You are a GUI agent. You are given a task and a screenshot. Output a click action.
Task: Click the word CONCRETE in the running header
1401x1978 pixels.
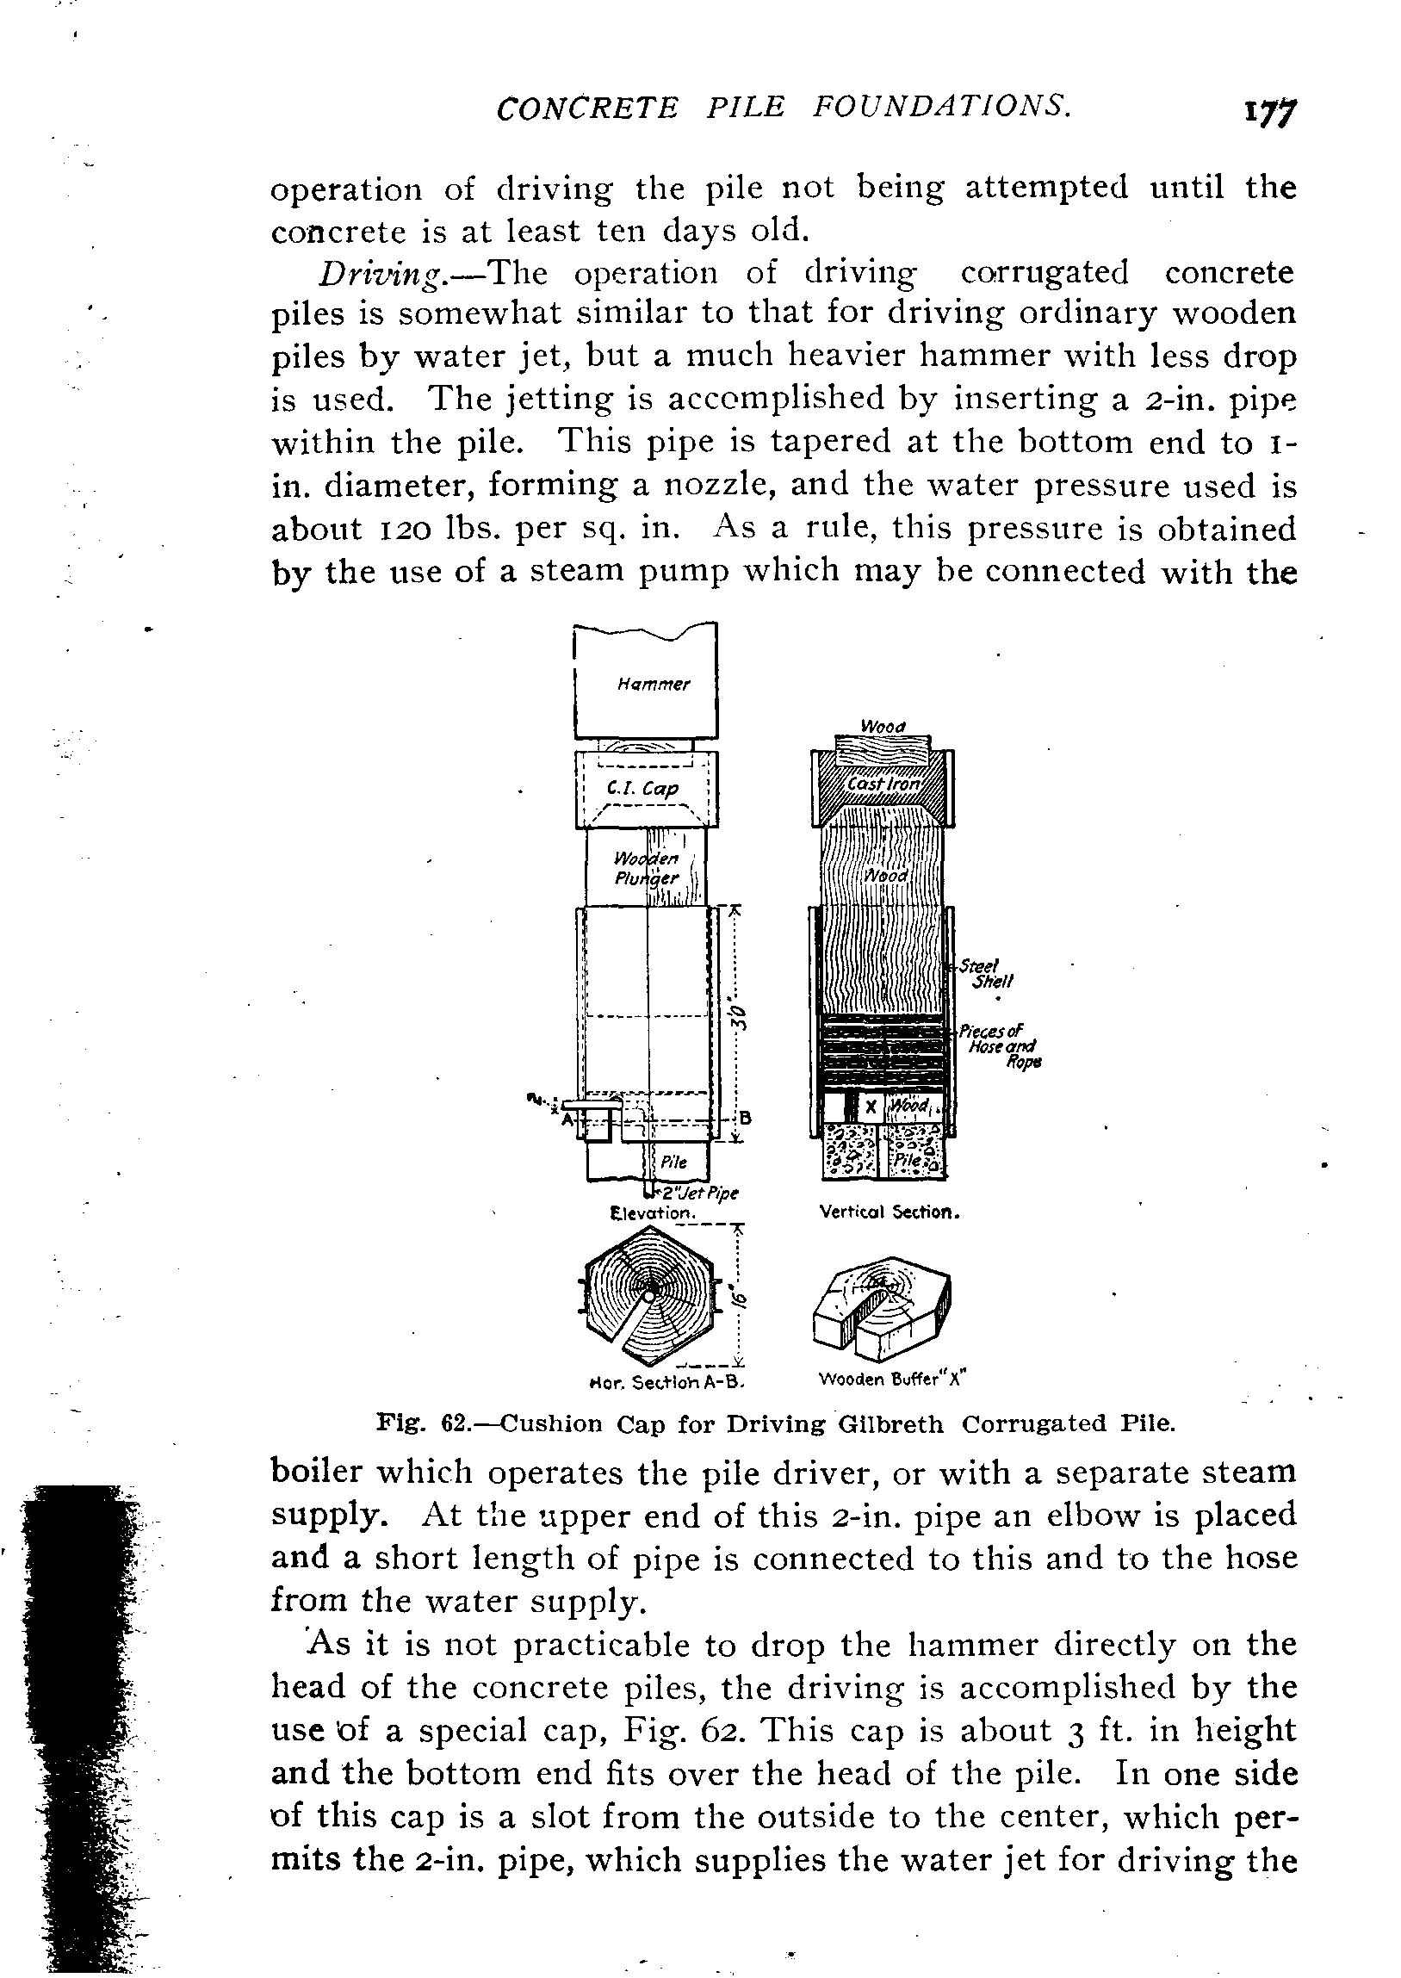click(587, 108)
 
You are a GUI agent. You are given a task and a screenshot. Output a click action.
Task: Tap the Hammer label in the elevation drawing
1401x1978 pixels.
click(653, 685)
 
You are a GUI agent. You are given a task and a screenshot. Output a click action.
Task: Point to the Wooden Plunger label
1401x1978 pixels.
click(647, 868)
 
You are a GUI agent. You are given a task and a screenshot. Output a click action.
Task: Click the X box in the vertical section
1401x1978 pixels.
click(871, 1106)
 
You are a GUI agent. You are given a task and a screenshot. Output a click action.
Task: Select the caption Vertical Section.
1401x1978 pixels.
click(889, 1212)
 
